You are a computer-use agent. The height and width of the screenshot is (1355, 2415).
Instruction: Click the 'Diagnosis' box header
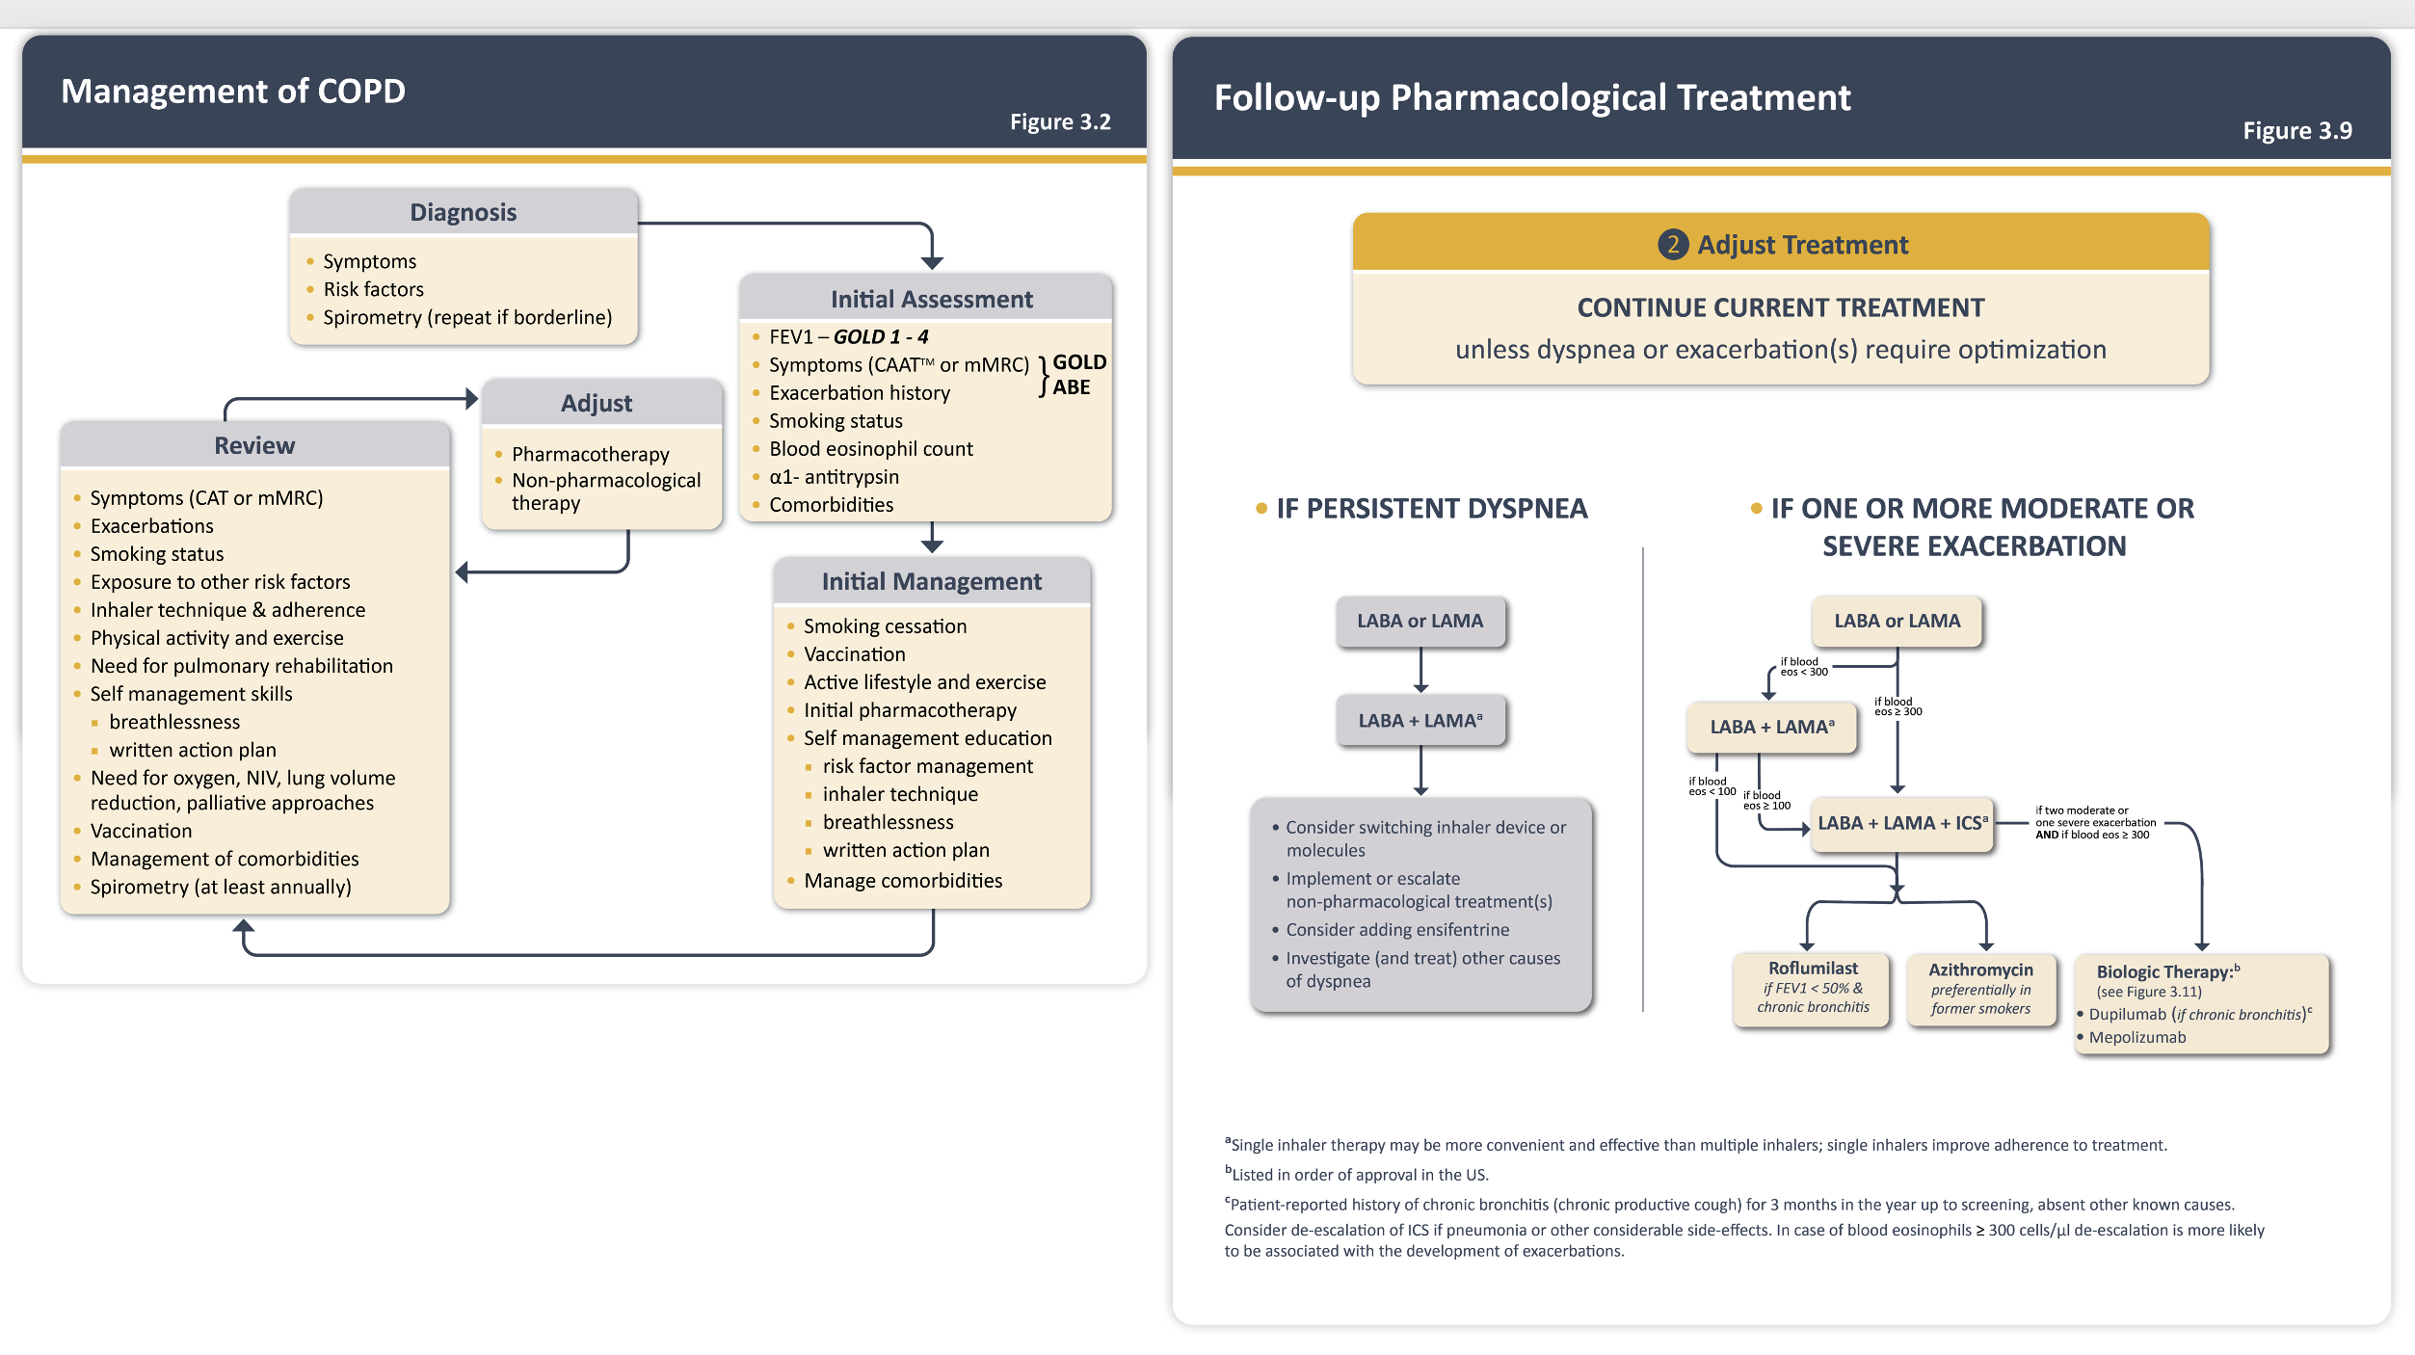click(464, 212)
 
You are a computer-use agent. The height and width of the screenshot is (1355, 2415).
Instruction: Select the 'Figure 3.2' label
click(1060, 122)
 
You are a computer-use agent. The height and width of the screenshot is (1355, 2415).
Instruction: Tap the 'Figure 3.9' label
click(2297, 131)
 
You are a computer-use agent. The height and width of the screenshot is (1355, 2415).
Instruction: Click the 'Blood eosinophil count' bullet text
click(871, 449)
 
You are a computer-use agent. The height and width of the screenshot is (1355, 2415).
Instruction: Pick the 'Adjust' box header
click(597, 403)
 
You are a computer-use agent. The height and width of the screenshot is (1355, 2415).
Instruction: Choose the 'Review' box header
click(254, 445)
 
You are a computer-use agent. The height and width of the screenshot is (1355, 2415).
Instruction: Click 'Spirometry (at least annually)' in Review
click(221, 887)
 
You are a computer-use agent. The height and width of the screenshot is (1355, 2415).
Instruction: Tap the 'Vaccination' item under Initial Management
click(855, 654)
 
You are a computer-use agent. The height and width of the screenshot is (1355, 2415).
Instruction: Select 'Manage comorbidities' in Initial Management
click(903, 881)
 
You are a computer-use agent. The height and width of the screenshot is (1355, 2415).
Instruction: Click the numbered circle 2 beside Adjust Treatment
click(1673, 245)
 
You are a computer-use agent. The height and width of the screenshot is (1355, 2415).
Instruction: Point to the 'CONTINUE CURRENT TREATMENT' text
click(1781, 307)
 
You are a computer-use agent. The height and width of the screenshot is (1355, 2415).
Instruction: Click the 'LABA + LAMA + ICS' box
click(1902, 824)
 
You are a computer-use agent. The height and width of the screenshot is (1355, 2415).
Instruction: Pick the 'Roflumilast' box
click(1813, 989)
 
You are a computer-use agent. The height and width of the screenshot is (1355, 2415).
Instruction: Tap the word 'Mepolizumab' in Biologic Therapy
click(2137, 1038)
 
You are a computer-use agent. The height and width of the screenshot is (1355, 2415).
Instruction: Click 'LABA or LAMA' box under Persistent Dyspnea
click(1420, 622)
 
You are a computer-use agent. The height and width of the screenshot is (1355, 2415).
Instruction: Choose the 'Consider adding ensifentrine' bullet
click(1397, 930)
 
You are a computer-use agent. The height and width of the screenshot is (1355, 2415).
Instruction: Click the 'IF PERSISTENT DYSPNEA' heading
click(1432, 509)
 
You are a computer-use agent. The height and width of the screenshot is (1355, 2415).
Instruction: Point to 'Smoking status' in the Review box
click(157, 554)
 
